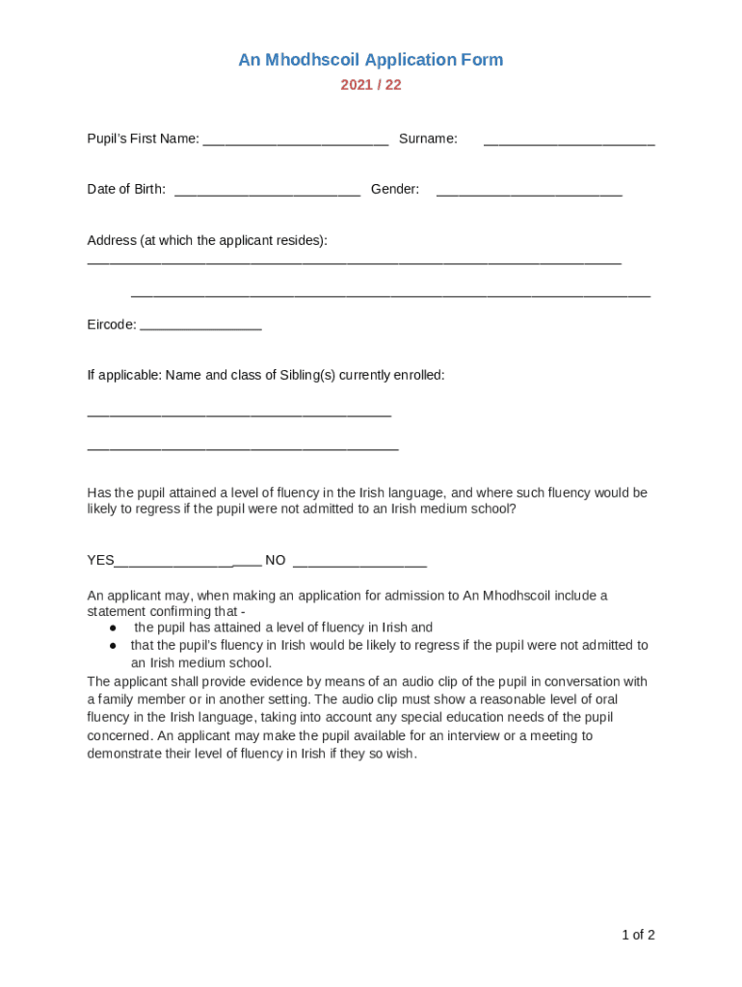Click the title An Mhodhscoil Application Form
(x=371, y=60)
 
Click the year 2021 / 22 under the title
(x=371, y=85)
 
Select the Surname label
(x=428, y=139)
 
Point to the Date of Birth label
(x=126, y=189)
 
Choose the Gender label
(x=395, y=189)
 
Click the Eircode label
(x=111, y=325)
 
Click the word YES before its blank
(x=101, y=560)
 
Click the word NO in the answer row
(x=276, y=560)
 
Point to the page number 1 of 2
(x=638, y=935)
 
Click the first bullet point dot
(x=113, y=627)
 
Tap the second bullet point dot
(x=113, y=645)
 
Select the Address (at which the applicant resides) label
(x=207, y=240)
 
